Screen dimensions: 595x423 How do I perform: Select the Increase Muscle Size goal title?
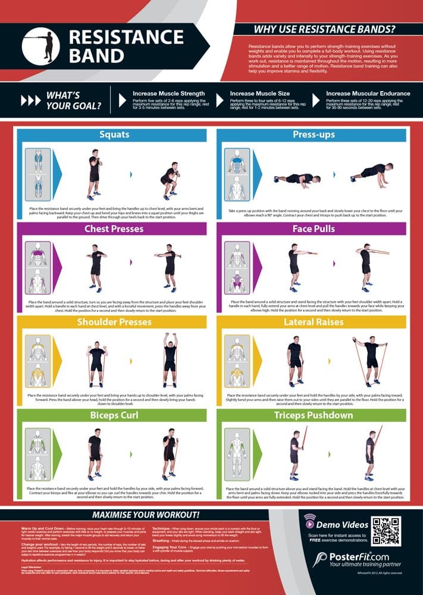click(x=259, y=93)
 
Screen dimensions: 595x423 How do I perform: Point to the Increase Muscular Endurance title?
click(x=368, y=93)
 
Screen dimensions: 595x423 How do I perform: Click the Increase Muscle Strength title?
click(x=168, y=93)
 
